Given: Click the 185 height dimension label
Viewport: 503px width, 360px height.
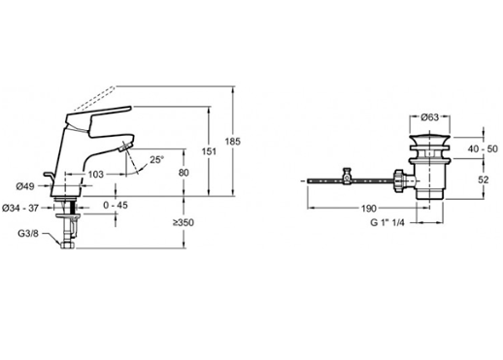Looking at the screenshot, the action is [233, 142].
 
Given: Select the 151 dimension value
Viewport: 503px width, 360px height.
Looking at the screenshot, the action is [209, 151].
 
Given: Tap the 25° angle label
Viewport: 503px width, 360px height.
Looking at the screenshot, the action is [157, 160].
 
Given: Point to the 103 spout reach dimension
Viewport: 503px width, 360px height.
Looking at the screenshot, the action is [96, 175].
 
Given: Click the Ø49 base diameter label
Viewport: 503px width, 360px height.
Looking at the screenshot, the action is [25, 186].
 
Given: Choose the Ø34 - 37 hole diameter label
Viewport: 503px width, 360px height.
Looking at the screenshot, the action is [20, 208].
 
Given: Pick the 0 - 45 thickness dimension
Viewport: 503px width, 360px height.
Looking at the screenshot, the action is [116, 205].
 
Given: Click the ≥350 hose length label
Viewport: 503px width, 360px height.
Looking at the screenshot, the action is [184, 222].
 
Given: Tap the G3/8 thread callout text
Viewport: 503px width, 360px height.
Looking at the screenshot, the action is [28, 233].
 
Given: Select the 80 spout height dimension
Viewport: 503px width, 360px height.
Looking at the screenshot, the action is [184, 173].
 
